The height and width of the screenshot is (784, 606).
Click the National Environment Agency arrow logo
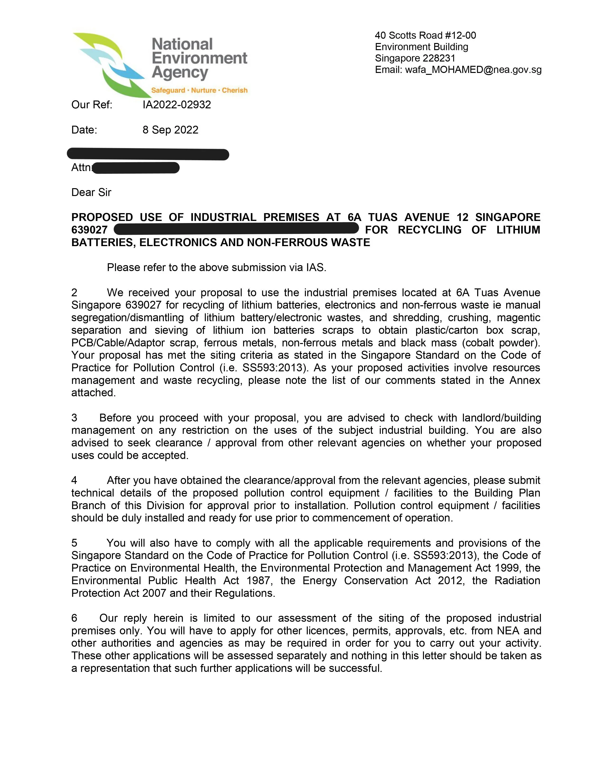tap(108, 65)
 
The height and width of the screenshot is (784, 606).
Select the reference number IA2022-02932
tap(177, 105)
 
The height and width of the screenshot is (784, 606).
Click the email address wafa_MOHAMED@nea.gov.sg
tap(473, 70)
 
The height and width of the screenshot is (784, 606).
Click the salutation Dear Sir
tap(91, 192)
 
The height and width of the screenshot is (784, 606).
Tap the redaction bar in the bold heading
tap(236, 229)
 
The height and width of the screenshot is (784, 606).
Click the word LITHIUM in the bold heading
tap(518, 230)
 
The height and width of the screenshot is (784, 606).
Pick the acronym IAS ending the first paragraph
tap(316, 268)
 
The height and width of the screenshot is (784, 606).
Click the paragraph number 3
tap(74, 418)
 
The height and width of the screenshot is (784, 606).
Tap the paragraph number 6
tap(74, 618)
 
